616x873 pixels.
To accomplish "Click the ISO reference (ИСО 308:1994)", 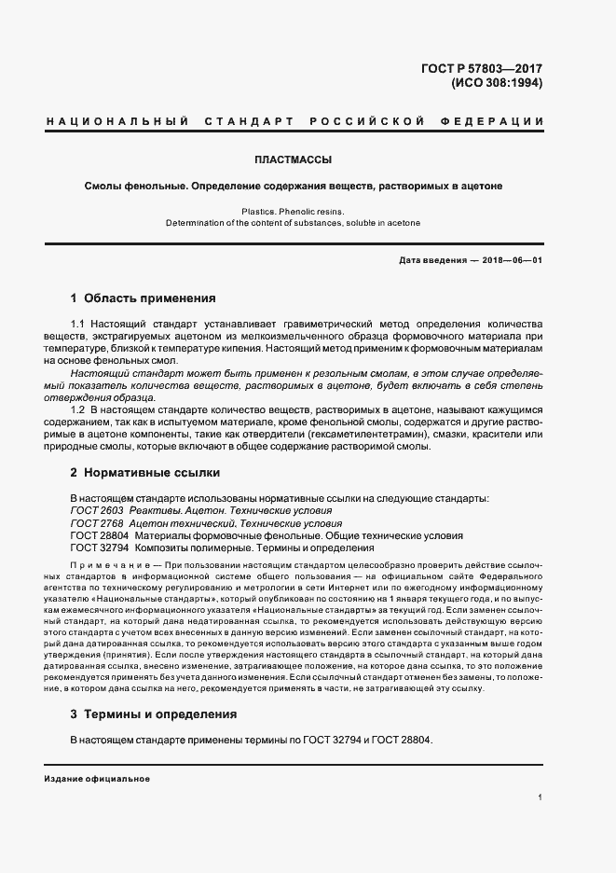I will (x=497, y=82).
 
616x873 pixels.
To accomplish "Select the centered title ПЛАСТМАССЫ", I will (x=293, y=159).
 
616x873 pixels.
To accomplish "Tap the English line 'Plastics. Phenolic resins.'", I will (x=293, y=212).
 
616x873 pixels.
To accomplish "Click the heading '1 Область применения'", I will (x=144, y=299).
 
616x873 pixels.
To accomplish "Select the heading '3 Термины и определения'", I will (x=153, y=714).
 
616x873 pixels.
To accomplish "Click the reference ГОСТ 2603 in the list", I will (x=96, y=511).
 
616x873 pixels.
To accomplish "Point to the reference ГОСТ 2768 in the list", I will (x=96, y=524).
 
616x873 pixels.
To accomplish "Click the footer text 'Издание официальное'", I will (x=97, y=778).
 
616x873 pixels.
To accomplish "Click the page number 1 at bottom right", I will (x=541, y=797).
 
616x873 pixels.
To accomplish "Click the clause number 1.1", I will (x=79, y=323).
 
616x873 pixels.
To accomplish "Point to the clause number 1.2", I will (x=79, y=409).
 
